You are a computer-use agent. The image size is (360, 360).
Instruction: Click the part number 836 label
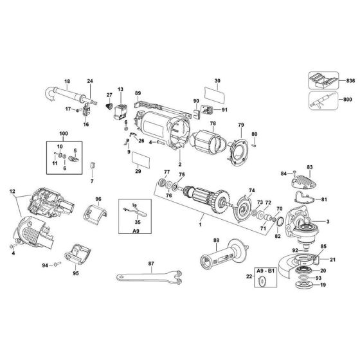pos(350,82)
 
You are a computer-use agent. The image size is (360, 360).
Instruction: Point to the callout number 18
pos(67,81)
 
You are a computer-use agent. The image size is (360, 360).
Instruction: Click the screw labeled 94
pos(56,264)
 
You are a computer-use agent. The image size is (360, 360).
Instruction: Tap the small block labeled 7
pos(92,165)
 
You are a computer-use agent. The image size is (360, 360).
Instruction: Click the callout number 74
pos(252,191)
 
